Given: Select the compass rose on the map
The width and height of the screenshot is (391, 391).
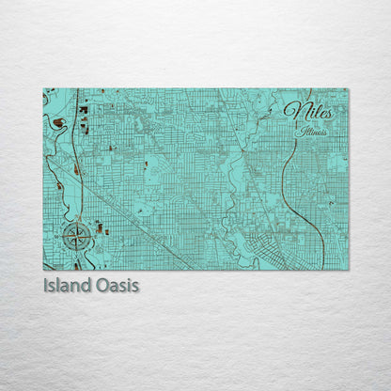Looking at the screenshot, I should (x=76, y=233).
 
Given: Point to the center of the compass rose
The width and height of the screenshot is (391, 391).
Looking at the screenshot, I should (x=76, y=233).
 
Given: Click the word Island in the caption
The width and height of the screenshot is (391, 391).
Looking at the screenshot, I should (x=69, y=283).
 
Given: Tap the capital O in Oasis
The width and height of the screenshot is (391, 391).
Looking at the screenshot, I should (x=102, y=283).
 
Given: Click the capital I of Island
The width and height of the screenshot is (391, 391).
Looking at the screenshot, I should (x=46, y=283).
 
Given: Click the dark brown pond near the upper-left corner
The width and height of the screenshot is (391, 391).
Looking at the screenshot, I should (x=58, y=122).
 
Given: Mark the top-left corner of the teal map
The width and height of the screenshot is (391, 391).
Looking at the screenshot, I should (x=43, y=89).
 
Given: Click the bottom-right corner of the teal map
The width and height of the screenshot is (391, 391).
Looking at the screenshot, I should (x=348, y=270).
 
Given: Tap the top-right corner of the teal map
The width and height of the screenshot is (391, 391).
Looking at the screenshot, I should (x=348, y=89).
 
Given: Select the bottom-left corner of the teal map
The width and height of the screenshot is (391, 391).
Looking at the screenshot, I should (x=43, y=270).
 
